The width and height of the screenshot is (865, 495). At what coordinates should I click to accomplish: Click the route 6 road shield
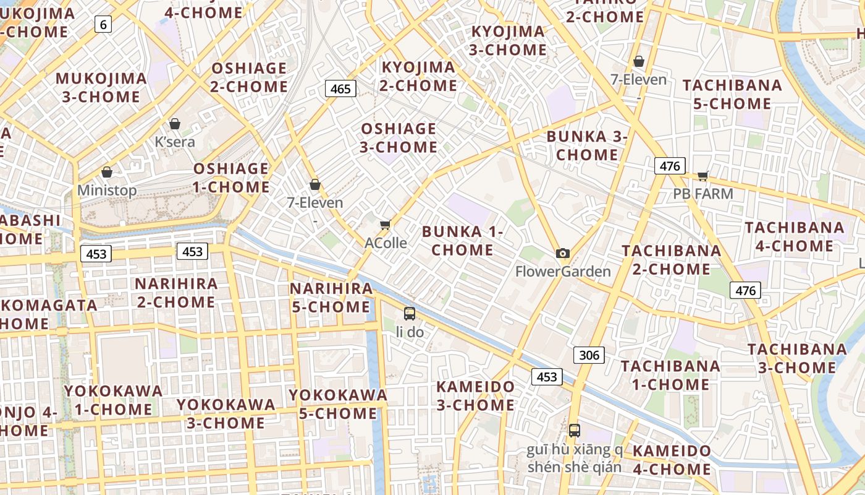pos(103,25)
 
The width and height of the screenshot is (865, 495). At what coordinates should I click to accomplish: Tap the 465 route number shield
pos(340,88)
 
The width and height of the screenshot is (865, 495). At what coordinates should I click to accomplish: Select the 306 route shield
pos(589,355)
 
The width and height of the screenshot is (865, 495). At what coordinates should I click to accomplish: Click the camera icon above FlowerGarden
pos(562,253)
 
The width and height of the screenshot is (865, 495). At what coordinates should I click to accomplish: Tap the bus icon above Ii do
pos(409,314)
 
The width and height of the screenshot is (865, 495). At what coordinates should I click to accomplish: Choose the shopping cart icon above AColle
pos(386,225)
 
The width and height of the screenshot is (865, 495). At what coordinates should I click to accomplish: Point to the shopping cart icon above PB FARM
pos(703,176)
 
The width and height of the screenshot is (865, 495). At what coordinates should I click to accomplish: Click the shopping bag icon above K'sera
pos(175,124)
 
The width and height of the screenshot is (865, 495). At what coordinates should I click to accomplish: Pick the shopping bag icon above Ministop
pos(107,172)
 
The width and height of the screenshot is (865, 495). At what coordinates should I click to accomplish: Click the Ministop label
pos(107,190)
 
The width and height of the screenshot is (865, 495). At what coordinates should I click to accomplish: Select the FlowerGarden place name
pos(563,271)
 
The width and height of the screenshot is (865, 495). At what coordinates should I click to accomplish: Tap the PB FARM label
pos(703,194)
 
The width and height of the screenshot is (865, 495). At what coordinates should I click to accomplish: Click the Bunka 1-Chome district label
pos(463,241)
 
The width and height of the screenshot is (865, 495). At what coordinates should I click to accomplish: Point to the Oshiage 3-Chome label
pos(399,138)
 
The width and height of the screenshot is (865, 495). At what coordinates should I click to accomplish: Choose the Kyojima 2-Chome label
pos(418,76)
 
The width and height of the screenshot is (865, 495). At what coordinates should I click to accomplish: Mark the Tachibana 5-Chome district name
pos(732,94)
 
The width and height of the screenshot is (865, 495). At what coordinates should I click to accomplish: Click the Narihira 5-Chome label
pos(331,298)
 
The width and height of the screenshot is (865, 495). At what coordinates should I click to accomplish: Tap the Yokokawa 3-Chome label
pos(226,413)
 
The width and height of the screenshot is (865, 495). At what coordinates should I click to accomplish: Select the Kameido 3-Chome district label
pos(475,396)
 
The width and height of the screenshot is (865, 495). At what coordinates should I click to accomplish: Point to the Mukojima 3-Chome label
pos(101,87)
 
